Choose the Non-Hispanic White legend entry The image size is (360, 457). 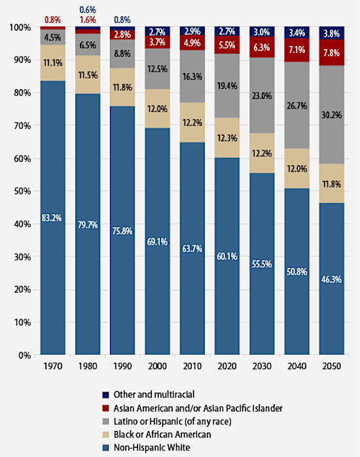(x=161, y=447)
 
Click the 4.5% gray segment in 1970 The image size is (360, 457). (x=53, y=37)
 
